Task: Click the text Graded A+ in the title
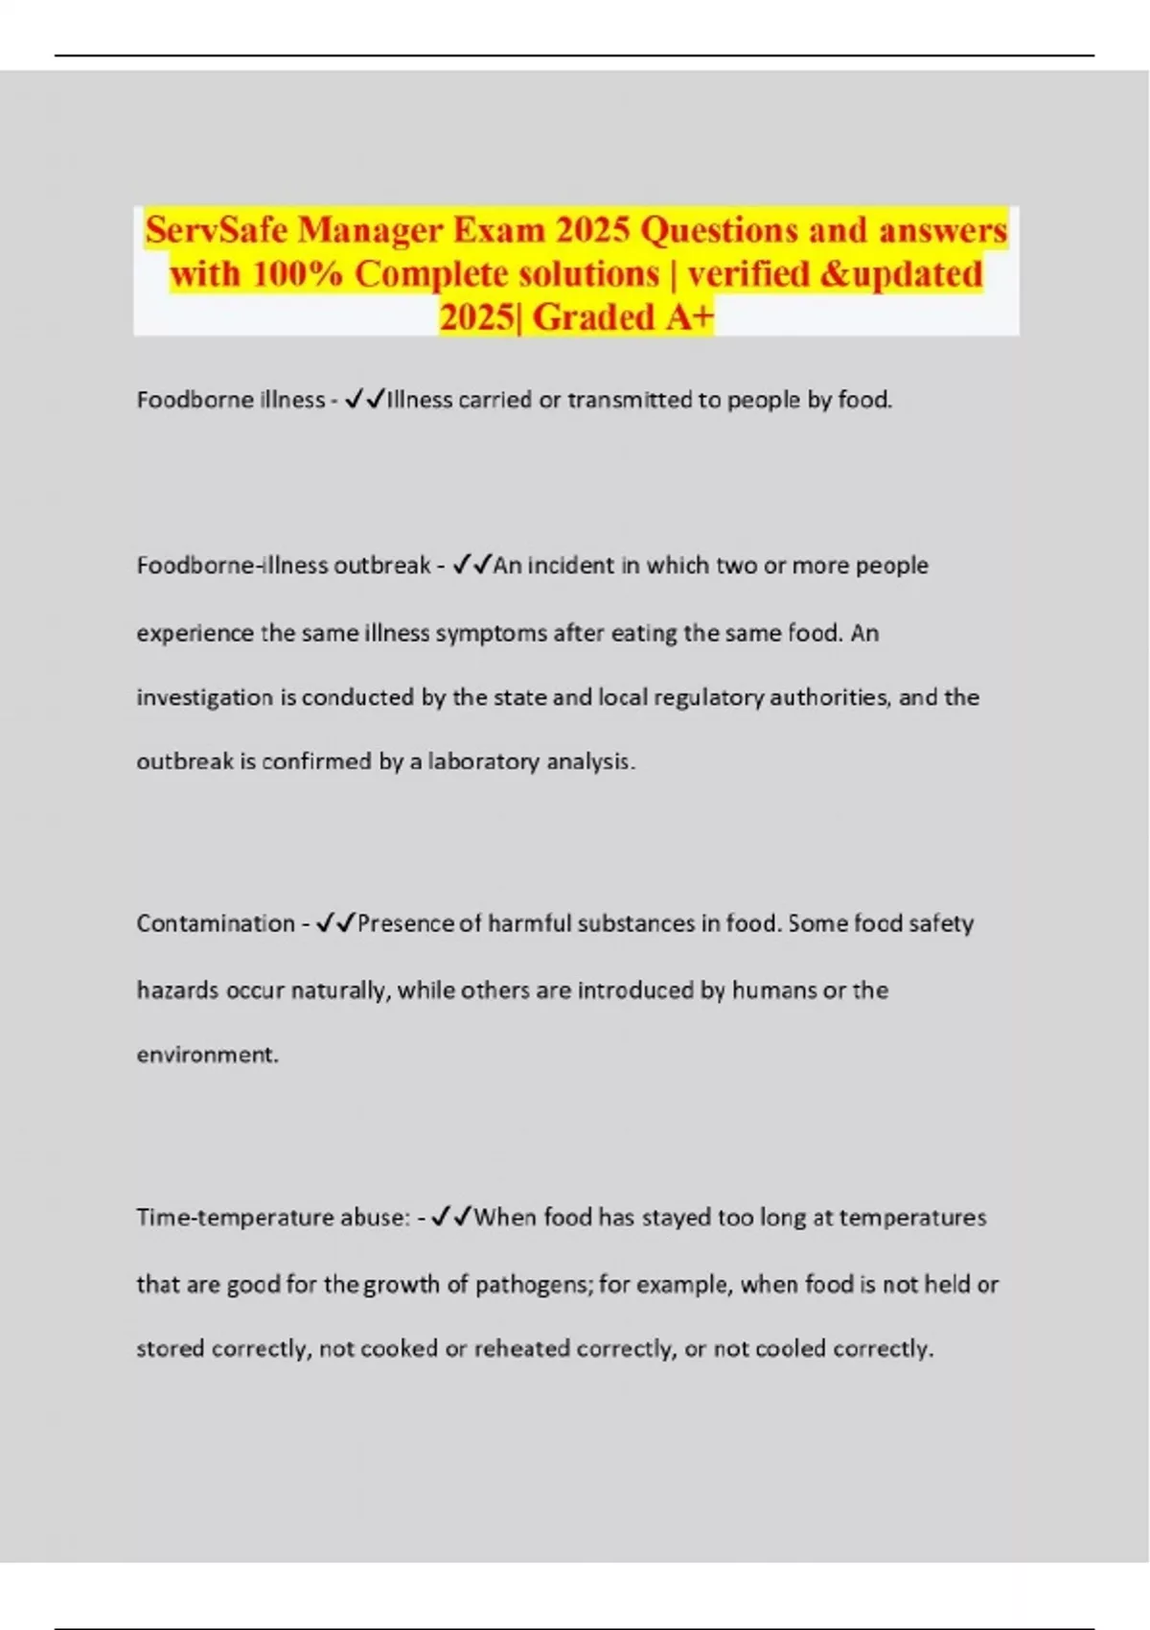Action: point(624,317)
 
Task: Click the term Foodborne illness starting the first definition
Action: point(230,400)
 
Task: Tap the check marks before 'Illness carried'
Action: point(364,399)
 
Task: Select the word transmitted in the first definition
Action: point(628,400)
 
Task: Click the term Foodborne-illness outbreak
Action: point(284,566)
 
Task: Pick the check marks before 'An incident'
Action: point(471,565)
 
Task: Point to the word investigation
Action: point(205,698)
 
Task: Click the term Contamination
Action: point(216,923)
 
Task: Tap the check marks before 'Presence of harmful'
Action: point(335,922)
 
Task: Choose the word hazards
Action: point(177,990)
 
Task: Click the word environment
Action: point(206,1055)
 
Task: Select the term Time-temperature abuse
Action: point(272,1218)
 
